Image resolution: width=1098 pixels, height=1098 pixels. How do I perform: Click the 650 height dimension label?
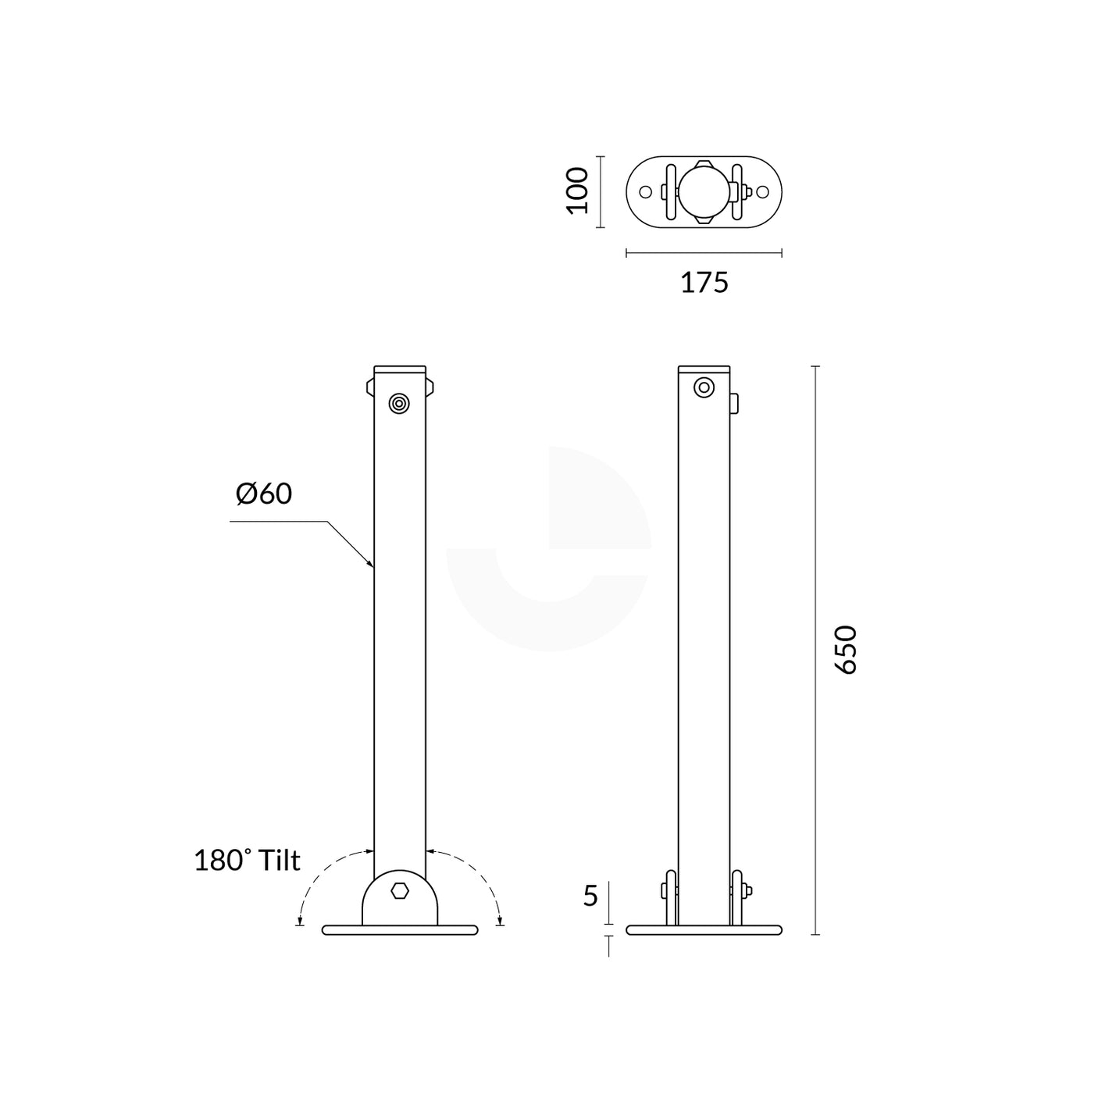tap(848, 651)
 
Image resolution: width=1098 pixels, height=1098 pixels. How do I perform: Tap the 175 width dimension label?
tap(704, 283)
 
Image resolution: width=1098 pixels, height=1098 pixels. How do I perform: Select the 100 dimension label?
tap(578, 191)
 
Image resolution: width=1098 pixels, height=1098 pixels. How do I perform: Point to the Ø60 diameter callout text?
tap(264, 494)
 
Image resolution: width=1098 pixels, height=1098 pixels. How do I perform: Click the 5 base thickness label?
tap(591, 897)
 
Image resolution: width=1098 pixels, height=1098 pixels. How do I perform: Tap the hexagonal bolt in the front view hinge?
tap(400, 890)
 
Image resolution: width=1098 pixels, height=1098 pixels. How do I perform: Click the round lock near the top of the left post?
tap(399, 404)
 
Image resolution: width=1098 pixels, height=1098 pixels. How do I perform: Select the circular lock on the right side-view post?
tap(704, 387)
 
